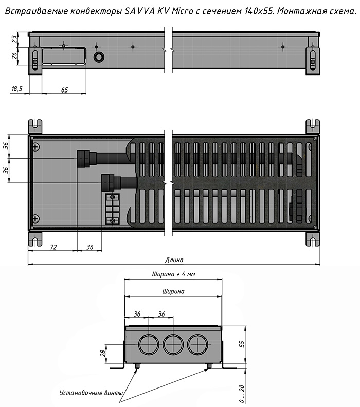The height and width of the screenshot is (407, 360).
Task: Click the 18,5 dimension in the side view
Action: (x=17, y=89)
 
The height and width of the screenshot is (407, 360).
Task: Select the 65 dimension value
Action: (x=64, y=90)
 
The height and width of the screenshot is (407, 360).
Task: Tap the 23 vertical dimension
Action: (x=15, y=39)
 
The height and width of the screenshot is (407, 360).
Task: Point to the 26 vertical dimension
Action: (x=15, y=55)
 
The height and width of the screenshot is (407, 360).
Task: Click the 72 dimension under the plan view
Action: (x=53, y=247)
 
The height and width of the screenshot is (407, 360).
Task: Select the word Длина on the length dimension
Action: (x=174, y=260)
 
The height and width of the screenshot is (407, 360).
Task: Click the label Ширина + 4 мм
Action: (x=173, y=274)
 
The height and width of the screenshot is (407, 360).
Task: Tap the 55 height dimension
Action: (x=242, y=344)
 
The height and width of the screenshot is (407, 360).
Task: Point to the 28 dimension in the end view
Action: (x=103, y=353)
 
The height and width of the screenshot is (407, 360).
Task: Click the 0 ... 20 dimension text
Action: (x=242, y=394)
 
